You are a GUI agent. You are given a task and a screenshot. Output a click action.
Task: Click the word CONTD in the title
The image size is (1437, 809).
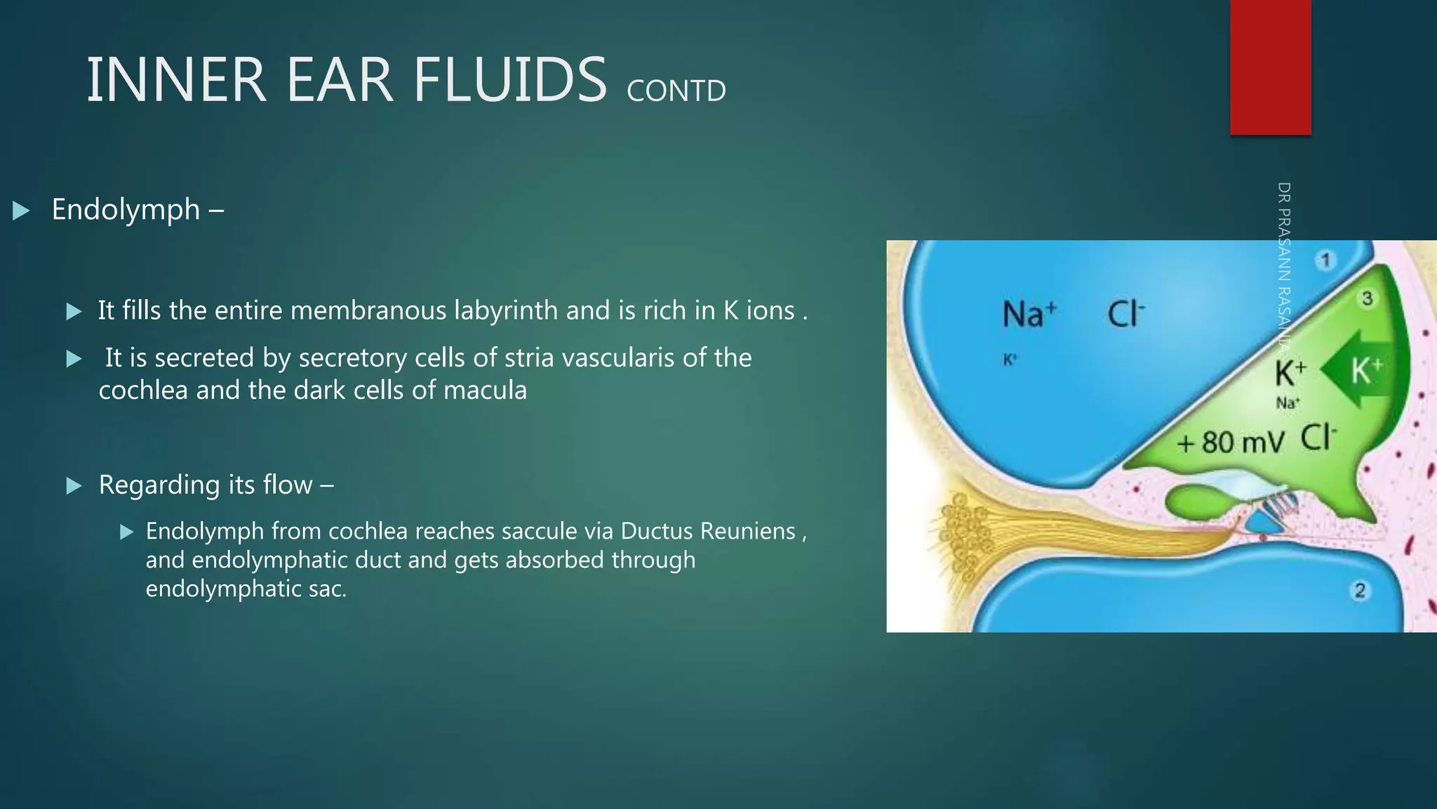676,91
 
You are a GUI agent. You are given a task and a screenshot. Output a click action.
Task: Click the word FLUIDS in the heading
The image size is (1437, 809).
509,80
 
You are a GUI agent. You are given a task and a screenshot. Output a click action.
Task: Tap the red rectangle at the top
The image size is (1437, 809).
1270,67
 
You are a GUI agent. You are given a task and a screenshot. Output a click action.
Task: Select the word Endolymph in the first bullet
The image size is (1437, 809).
126,209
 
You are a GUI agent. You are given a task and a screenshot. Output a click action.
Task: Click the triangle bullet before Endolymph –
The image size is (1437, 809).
21,210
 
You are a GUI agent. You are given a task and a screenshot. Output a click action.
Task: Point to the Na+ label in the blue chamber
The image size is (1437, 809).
1029,314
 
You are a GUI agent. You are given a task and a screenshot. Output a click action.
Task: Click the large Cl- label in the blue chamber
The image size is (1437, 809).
1125,314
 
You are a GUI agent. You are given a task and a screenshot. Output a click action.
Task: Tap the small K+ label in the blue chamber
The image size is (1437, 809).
1010,360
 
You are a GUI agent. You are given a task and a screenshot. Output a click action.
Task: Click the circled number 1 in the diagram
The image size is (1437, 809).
1325,261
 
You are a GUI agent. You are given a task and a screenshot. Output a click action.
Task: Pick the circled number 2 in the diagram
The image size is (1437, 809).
1360,591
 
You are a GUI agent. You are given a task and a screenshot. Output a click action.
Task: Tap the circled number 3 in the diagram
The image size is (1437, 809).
1367,298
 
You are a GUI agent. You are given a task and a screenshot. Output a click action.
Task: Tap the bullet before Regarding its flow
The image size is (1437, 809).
74,485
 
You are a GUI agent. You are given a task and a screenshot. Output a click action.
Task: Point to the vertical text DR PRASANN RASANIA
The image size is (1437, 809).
1284,267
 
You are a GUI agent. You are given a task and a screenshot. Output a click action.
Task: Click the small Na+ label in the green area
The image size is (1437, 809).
1288,403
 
